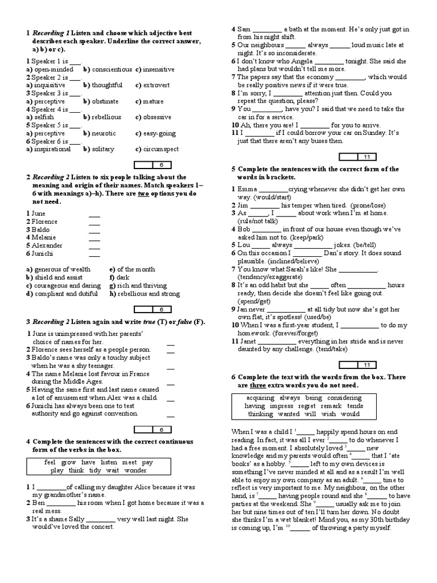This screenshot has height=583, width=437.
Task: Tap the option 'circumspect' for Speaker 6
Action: coord(160,149)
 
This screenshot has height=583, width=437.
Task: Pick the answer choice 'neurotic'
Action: coord(104,133)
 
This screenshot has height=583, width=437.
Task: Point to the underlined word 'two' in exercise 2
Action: coord(143,194)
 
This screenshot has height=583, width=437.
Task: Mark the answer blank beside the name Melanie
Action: coord(94,237)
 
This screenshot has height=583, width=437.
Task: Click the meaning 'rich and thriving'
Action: coord(142,286)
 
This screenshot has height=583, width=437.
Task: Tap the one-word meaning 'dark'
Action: coord(123,278)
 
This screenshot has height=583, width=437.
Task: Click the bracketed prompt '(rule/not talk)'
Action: coord(255,221)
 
